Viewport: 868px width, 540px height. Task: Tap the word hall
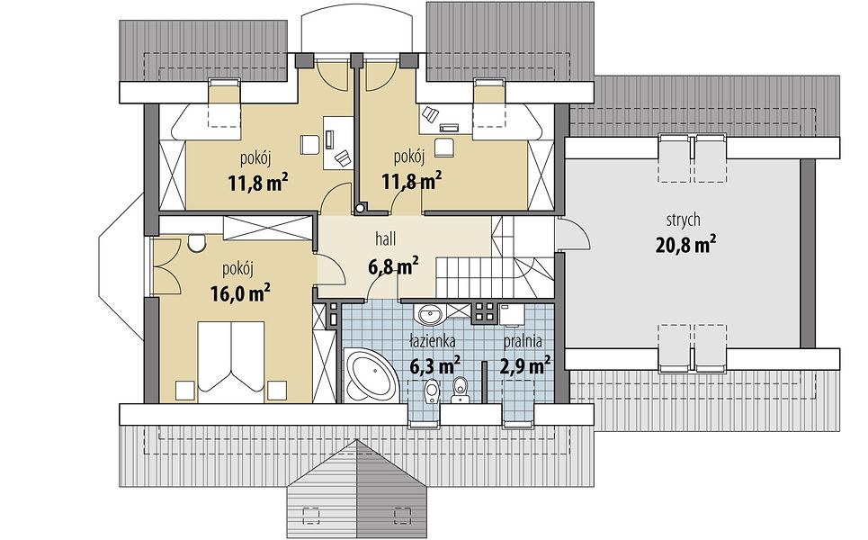pyautogui.click(x=385, y=239)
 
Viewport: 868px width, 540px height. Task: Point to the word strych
pyautogui.click(x=683, y=220)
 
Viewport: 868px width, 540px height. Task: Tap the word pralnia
pyautogui.click(x=523, y=342)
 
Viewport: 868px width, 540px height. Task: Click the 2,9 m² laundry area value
pyautogui.click(x=524, y=365)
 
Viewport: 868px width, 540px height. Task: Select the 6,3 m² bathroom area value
pyautogui.click(x=435, y=365)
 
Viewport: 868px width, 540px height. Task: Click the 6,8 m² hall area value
pyautogui.click(x=393, y=267)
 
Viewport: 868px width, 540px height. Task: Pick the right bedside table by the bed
pyautogui.click(x=275, y=390)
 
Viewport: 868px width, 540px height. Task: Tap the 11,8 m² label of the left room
pyautogui.click(x=258, y=182)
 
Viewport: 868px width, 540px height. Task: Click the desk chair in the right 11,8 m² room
pyautogui.click(x=444, y=148)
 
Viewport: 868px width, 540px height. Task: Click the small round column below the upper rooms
pyautogui.click(x=361, y=208)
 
